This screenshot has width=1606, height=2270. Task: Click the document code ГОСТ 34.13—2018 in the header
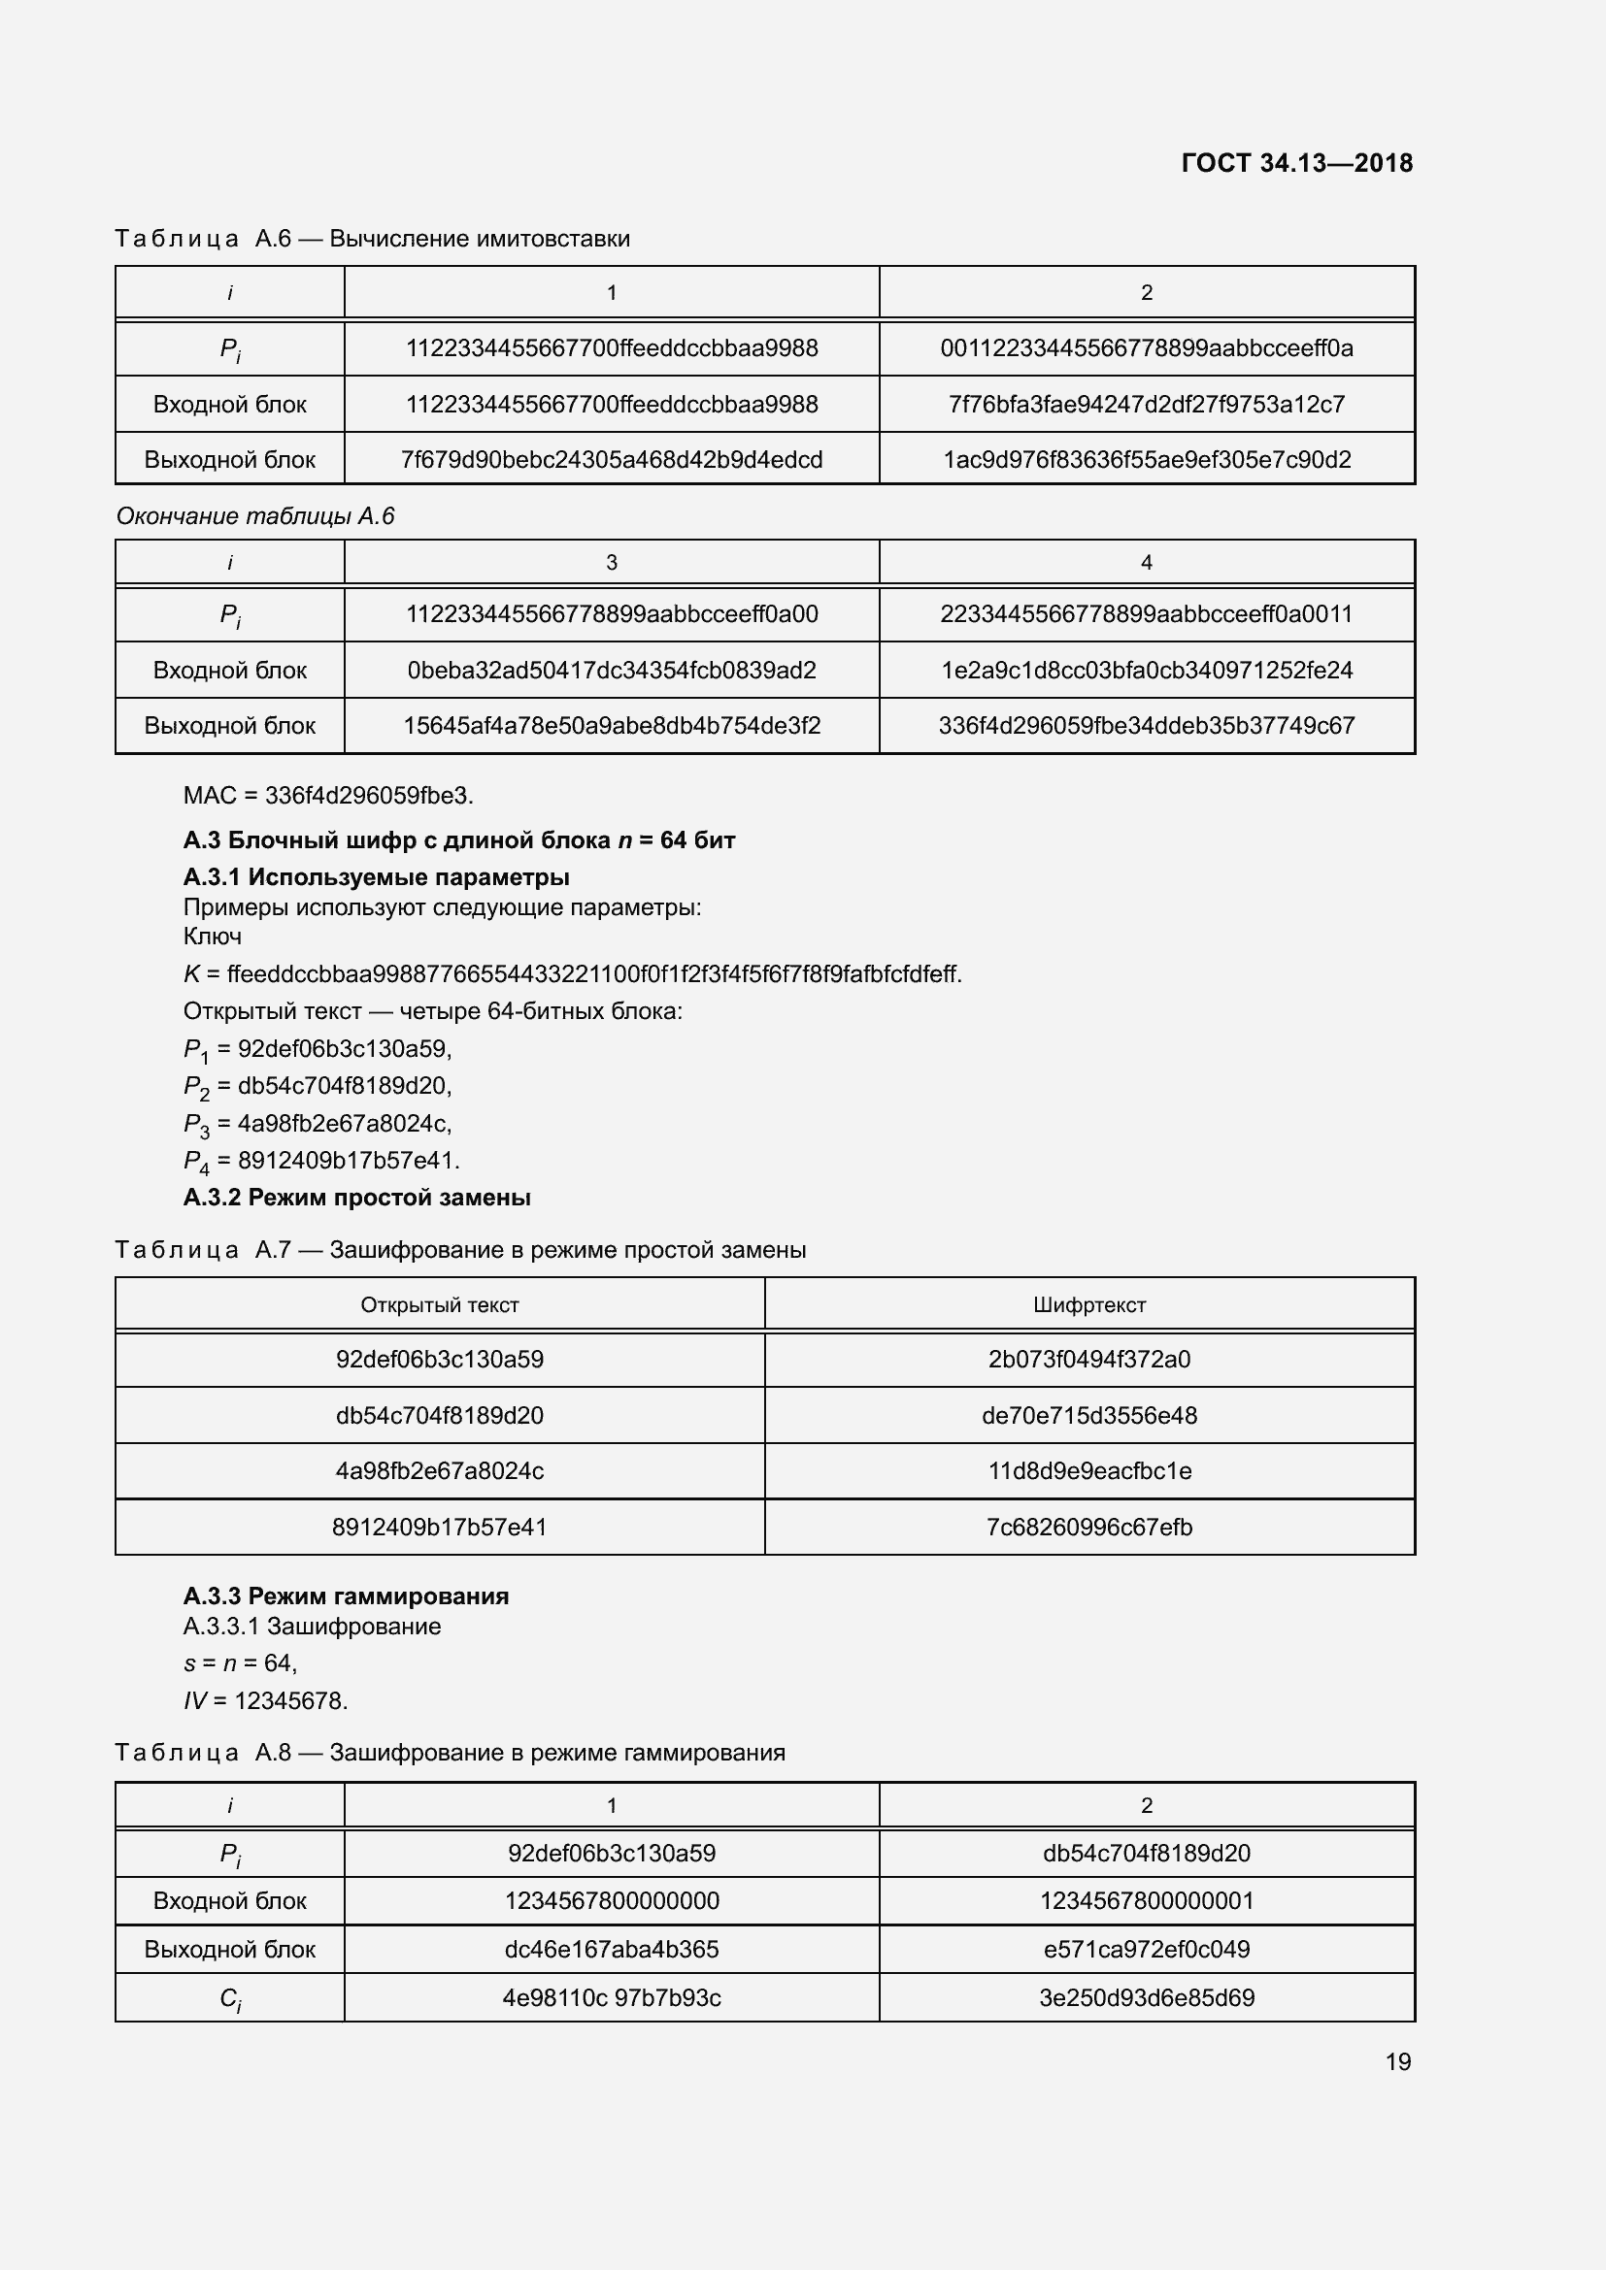pos(1296,163)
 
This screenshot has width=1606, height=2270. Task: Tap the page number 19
pos(1397,2061)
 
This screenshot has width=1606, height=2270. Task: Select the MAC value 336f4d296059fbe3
pos(369,795)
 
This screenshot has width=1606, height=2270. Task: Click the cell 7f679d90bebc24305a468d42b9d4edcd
pos(611,460)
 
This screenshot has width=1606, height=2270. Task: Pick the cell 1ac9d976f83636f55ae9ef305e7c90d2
pos(1146,460)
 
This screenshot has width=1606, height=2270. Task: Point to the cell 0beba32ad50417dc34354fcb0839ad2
pos(611,671)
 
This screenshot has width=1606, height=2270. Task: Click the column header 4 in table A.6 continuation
pos(1146,563)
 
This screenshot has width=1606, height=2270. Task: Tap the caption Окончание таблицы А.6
pos(255,516)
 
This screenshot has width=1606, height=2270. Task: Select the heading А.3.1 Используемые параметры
pos(376,877)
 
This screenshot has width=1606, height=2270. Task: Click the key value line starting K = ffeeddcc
pos(572,973)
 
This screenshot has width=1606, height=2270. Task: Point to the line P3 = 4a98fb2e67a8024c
pos(318,1123)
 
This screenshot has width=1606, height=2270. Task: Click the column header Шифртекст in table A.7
pos(1088,1305)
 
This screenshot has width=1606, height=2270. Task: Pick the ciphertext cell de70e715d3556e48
pos(1088,1415)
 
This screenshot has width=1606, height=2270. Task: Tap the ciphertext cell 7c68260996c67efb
pos(1088,1527)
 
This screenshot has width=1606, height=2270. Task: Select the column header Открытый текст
pos(439,1305)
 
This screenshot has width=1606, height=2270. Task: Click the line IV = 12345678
pos(265,1700)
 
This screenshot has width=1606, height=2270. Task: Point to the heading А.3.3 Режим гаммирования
pos(346,1596)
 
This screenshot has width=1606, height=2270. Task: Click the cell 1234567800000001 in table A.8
pos(1146,1900)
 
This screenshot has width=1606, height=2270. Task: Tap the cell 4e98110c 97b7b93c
pos(611,1997)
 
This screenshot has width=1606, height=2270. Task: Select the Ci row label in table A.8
pos(229,1998)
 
